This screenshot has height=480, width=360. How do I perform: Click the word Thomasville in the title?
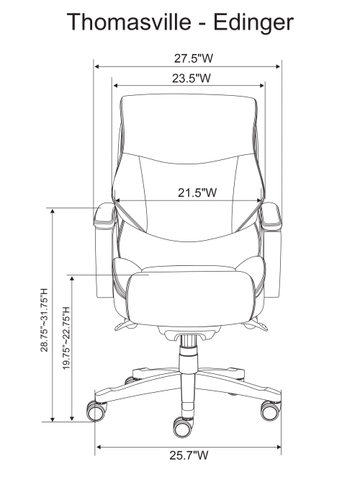[128, 22]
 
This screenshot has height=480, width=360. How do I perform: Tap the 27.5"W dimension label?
[193, 58]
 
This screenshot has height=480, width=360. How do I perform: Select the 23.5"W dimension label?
[192, 78]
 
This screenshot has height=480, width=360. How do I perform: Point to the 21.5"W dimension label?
[197, 192]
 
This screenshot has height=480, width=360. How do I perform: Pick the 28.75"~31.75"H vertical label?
[45, 319]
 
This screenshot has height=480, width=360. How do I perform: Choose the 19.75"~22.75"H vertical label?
[67, 338]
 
